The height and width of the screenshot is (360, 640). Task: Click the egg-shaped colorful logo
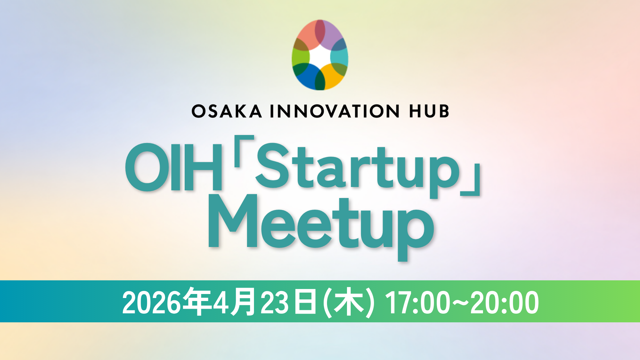tap(320, 55)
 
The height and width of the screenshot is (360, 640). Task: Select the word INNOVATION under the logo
tap(335, 111)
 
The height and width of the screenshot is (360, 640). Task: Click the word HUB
tap(429, 111)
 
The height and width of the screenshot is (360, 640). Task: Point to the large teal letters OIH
tap(174, 167)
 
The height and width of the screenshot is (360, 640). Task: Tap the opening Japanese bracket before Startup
tap(244, 151)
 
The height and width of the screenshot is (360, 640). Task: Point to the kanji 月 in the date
tap(244, 302)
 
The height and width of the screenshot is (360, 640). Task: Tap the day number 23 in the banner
tap(274, 303)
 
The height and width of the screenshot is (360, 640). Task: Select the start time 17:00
tap(418, 303)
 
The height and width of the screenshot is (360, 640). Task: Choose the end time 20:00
tap(504, 303)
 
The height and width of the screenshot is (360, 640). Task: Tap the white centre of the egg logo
tap(320, 57)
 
